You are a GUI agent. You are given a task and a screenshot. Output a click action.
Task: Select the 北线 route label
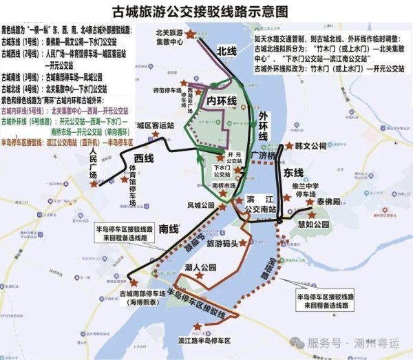tap(227, 52)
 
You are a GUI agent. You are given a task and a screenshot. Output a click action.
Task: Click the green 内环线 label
tap(222, 102)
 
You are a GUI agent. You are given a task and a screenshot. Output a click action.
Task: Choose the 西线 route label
tap(143, 160)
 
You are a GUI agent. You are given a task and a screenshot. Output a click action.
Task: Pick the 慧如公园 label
tap(314, 224)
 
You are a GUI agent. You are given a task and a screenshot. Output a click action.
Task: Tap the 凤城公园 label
tap(201, 205)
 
